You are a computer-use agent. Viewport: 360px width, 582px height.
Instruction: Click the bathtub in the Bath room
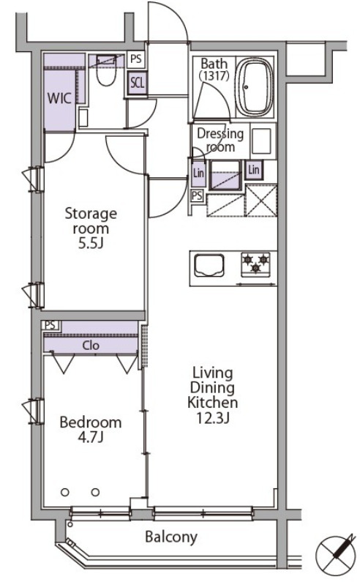[255, 86]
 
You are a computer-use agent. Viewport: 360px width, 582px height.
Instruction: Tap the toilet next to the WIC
[107, 70]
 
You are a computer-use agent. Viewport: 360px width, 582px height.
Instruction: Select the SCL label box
[137, 83]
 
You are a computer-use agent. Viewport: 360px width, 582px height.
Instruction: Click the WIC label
[59, 98]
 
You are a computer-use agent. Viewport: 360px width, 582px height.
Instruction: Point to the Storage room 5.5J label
[91, 228]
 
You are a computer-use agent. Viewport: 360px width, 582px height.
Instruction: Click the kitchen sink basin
[209, 265]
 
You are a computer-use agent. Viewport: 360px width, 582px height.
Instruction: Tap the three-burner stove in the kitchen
[255, 264]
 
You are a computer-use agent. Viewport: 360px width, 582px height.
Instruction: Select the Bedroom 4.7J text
[91, 430]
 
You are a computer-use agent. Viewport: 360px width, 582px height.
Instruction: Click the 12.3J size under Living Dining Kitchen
[213, 418]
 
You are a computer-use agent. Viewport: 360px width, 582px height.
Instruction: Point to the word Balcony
[171, 537]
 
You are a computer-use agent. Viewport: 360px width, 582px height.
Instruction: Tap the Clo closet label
[91, 346]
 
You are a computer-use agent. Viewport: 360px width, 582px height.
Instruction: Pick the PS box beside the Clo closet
[50, 325]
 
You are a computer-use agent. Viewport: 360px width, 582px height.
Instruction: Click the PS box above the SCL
[136, 59]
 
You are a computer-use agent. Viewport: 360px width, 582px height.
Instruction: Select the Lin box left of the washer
[198, 173]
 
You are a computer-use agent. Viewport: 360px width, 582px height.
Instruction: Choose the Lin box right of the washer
[254, 170]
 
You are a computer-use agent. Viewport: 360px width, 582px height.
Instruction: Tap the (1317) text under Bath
[214, 75]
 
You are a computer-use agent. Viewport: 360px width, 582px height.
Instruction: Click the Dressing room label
[220, 141]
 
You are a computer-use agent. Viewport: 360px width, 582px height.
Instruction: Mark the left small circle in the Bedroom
[65, 492]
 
